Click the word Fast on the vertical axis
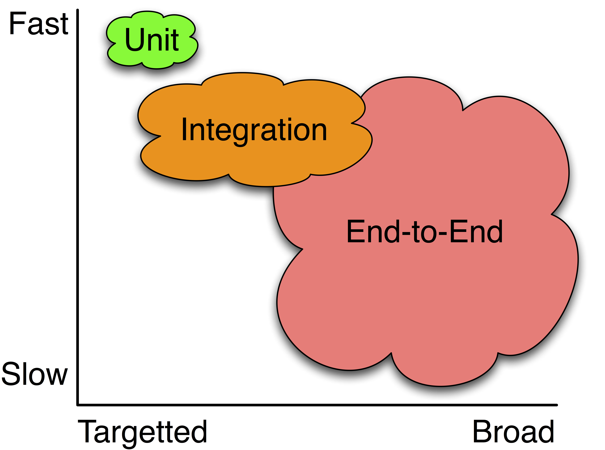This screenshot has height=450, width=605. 39,24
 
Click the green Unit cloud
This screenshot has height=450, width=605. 152,40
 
